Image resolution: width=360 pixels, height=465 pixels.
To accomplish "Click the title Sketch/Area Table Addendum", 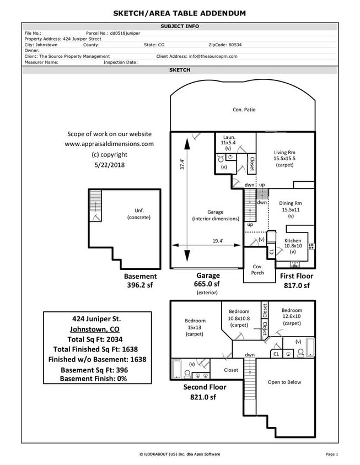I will pos(180,13).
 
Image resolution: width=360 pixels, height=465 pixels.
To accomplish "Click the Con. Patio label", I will pos(244,110).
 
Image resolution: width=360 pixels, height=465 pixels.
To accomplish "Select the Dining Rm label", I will pos(290,203).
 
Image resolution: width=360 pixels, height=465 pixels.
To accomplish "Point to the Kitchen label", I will pos(293,241).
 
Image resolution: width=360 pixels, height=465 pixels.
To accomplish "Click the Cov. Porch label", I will pos(257,269).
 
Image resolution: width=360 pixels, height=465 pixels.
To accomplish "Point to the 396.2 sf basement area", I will pos(140,285).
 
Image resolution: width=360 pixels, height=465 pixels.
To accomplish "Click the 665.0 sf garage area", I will pos(208,284).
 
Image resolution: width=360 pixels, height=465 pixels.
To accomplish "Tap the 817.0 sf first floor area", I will pos(297,285).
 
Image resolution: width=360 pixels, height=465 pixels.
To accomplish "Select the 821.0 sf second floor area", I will pos(205,397).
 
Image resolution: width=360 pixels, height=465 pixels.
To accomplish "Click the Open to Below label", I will pos(284,382).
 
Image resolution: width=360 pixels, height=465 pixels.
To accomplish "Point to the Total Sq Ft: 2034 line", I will pos(97,339).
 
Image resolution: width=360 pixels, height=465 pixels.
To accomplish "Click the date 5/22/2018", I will pos(109,165).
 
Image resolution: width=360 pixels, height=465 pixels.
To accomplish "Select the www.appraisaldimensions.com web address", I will pos(109,144).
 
